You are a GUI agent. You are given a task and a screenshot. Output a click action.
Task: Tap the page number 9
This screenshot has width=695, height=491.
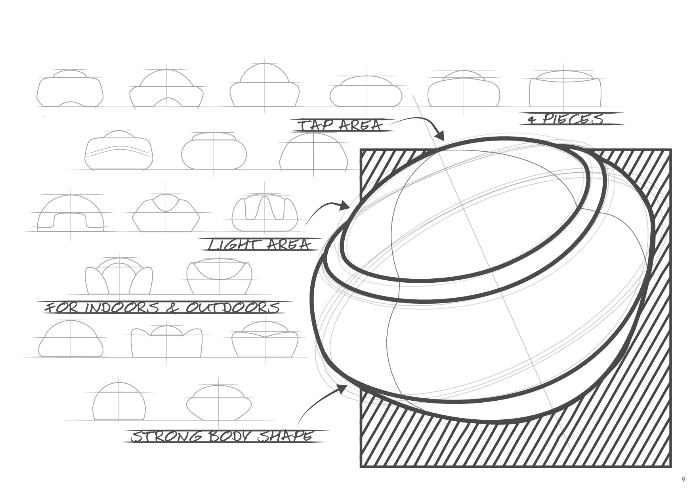[x=683, y=480]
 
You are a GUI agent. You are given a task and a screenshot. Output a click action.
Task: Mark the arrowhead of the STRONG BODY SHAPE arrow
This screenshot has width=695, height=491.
[x=342, y=388]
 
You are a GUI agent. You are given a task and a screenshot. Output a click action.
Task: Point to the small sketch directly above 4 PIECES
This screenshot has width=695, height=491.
[x=565, y=89]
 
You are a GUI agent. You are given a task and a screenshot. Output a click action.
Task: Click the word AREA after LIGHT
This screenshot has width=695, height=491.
[x=289, y=245]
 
